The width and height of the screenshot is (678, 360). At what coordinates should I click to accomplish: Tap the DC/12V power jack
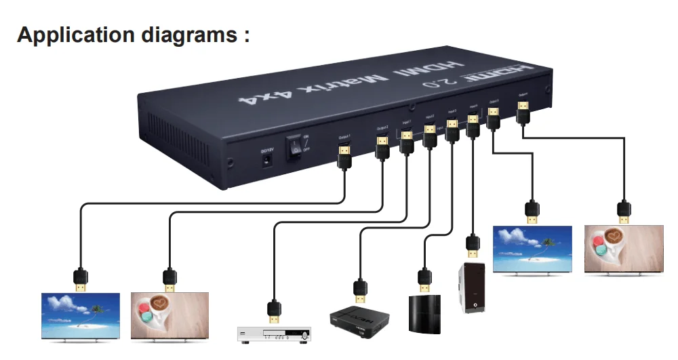click(x=268, y=160)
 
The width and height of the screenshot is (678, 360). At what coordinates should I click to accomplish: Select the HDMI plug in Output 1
click(x=344, y=155)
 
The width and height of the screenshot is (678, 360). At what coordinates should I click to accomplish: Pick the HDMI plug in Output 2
click(x=382, y=147)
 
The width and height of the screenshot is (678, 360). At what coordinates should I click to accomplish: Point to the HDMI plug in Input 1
click(x=407, y=141)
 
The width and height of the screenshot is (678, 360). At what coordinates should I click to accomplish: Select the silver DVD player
click(x=274, y=334)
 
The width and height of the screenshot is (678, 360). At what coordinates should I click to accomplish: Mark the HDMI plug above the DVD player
click(x=274, y=310)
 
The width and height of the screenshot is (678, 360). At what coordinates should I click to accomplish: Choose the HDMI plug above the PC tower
click(x=472, y=245)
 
